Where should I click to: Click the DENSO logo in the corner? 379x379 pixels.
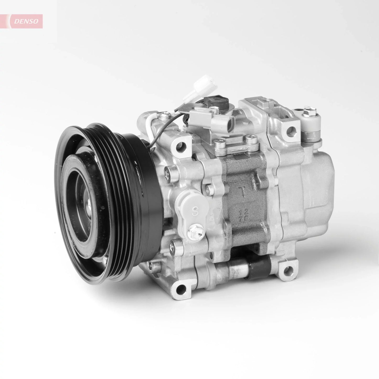coord(26,22)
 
